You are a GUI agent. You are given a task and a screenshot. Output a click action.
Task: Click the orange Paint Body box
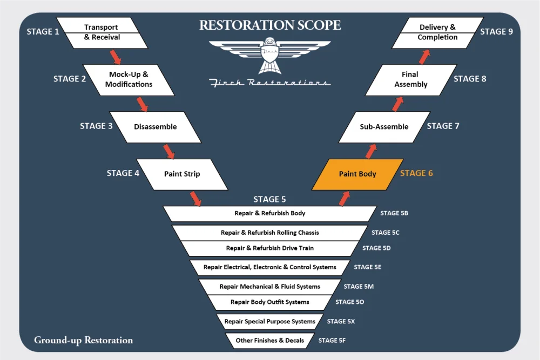point(357,174)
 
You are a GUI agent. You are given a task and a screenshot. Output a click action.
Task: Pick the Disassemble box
point(155,127)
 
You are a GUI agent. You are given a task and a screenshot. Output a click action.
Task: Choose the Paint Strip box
point(182,174)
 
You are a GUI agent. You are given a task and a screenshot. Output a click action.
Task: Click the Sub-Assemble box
point(384,127)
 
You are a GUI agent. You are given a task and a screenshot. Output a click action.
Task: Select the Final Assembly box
point(411,79)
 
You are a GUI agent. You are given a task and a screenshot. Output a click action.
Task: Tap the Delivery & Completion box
point(437,32)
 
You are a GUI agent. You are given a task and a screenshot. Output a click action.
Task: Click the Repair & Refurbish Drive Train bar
point(270,248)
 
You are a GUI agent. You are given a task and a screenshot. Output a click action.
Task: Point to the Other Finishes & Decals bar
point(270,341)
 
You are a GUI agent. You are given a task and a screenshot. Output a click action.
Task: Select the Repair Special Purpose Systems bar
point(270,321)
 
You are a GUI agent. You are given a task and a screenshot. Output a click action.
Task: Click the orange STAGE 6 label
point(416,174)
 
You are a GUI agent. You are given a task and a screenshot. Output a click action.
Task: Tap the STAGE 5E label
point(368,267)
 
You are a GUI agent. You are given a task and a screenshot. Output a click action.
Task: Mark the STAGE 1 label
point(43,32)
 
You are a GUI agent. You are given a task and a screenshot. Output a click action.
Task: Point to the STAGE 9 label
point(497,32)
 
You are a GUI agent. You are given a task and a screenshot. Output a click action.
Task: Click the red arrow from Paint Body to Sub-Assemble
point(371,151)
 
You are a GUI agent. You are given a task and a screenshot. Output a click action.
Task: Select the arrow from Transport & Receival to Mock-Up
point(115,56)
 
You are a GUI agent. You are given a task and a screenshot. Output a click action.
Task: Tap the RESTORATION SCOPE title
point(270,25)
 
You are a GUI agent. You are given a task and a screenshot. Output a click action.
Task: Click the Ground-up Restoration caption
point(83,340)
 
